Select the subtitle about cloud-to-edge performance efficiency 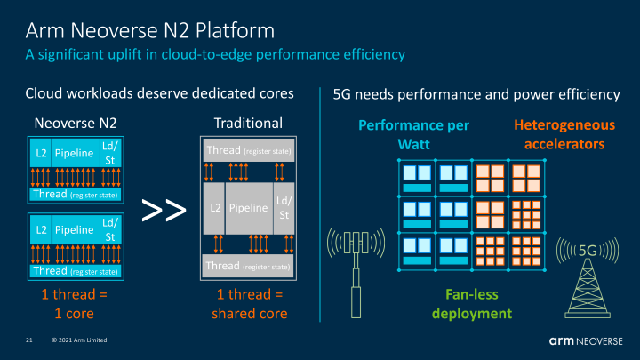point(215,55)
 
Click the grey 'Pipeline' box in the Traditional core point(250,209)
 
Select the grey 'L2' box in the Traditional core point(214,209)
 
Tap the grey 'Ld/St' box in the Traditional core point(283,209)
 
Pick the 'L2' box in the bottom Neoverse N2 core point(40,230)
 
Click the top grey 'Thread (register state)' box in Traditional point(249,150)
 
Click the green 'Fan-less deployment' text point(471,305)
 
